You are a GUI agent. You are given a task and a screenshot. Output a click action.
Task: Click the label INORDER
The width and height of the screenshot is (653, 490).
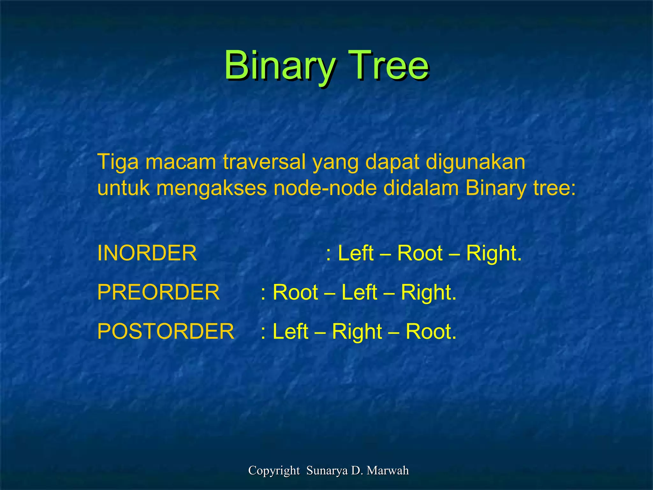tap(147, 253)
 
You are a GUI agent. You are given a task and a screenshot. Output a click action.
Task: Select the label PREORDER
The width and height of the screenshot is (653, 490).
tap(158, 292)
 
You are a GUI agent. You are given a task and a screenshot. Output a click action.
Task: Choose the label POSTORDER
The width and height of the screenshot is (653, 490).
tap(166, 331)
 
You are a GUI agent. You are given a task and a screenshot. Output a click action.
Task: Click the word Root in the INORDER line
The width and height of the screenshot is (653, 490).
tap(420, 253)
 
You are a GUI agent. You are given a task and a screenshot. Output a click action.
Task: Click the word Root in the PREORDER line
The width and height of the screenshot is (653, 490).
tap(296, 292)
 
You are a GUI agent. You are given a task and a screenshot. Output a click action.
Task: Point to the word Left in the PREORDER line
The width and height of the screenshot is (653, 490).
tap(359, 292)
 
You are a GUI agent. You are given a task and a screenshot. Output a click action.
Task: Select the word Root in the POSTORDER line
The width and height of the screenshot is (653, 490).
tap(431, 331)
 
